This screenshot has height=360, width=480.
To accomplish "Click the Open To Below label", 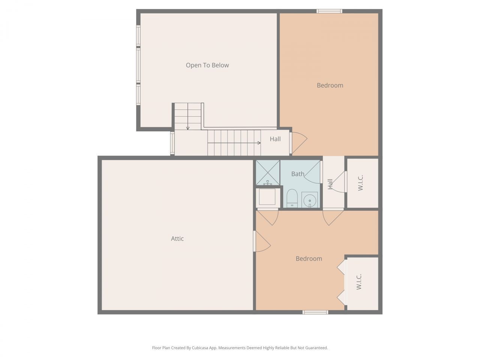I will point(207,65).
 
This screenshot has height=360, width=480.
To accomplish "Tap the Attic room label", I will point(177,238).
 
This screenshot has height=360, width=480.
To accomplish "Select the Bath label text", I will point(298,174).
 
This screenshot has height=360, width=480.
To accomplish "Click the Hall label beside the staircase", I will point(275,139).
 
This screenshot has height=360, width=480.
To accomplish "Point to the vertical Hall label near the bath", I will point(330,184).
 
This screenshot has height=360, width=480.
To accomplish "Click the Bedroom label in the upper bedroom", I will point(330,85).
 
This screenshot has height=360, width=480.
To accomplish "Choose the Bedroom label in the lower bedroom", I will point(309,259).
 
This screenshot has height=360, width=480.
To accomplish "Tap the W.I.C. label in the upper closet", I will point(361,183).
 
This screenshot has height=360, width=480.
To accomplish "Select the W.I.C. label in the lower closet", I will point(359,282).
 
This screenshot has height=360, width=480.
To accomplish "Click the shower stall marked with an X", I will point(268,172).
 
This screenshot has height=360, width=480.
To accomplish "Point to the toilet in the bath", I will point(292,198).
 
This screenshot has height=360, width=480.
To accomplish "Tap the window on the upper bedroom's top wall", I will point(329,11).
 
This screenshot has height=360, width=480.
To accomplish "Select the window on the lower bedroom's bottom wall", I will point(315,312).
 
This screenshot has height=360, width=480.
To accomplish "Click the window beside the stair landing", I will point(172,143).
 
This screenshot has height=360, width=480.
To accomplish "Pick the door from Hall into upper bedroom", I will point(298,142).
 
